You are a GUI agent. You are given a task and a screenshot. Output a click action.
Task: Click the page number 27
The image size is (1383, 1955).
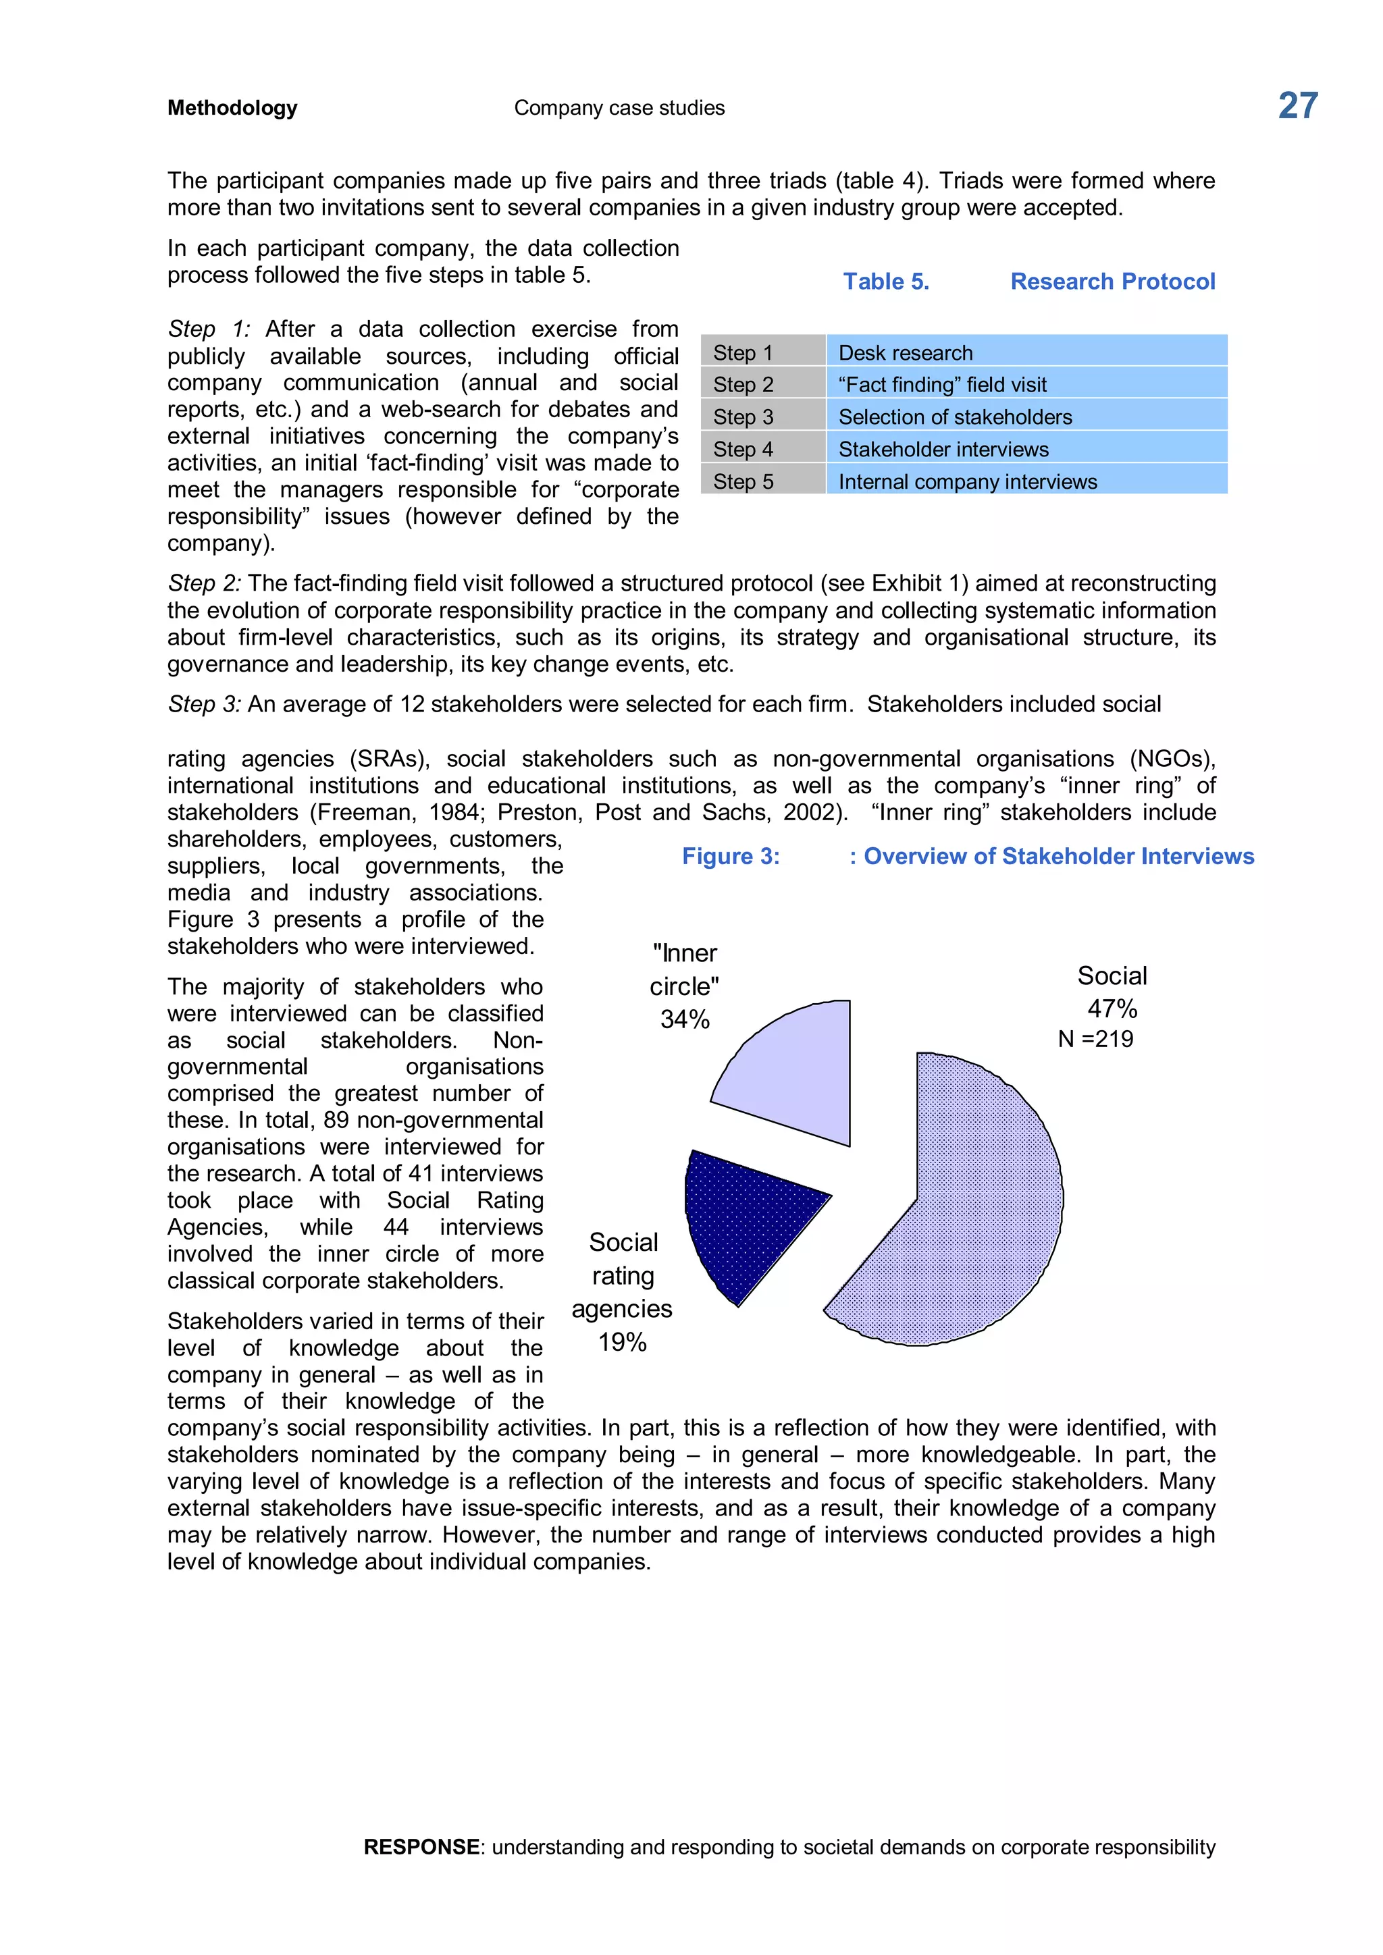click(1297, 107)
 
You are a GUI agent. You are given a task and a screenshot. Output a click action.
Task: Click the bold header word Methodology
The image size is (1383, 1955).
click(232, 108)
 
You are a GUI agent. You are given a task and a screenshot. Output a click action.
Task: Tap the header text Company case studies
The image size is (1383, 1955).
click(619, 108)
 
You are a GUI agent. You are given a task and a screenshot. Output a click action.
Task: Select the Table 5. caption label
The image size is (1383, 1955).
click(886, 282)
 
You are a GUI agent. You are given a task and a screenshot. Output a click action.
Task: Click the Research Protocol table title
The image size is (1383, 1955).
click(1112, 282)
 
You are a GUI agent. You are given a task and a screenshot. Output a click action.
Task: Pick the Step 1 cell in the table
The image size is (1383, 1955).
click(743, 352)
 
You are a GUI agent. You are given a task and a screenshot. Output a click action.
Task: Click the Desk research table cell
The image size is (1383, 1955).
click(906, 352)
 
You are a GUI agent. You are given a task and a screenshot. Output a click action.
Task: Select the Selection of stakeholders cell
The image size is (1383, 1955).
click(955, 417)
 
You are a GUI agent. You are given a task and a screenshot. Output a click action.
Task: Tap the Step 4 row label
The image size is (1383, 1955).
click(743, 450)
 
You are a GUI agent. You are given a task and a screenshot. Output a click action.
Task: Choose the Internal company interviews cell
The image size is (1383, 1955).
click(968, 482)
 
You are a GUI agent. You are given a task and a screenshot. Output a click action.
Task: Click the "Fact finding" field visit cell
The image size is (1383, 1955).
click(942, 385)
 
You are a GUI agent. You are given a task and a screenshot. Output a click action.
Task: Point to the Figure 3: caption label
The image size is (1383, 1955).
click(731, 857)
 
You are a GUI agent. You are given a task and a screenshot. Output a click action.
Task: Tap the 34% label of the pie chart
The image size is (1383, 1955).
click(685, 1019)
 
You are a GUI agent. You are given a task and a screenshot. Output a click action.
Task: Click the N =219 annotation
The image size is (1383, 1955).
click(1095, 1039)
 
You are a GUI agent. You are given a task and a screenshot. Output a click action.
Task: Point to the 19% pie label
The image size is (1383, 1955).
click(622, 1342)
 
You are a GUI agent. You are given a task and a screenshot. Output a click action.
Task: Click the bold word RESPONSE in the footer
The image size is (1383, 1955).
click(421, 1847)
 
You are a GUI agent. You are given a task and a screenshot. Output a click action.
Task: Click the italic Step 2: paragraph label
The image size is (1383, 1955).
click(205, 583)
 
